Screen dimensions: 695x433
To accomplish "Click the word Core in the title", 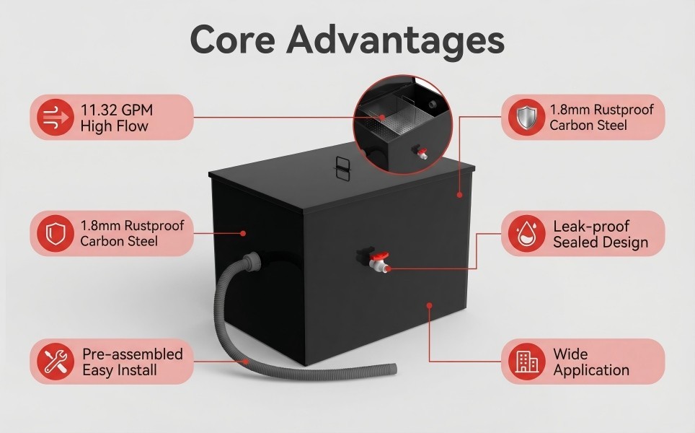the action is point(233,40).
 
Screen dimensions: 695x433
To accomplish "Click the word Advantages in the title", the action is point(396,41).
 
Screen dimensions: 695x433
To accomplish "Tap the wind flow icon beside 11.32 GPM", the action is point(56,117).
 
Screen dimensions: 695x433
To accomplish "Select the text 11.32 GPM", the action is point(117,110).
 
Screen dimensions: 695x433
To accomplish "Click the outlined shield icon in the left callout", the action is point(56,233).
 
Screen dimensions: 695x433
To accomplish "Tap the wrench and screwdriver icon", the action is point(56,361).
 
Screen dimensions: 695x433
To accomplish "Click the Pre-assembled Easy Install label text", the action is point(133,362).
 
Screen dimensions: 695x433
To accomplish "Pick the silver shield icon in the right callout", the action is point(526,117).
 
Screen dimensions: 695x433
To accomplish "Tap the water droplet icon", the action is point(526,233).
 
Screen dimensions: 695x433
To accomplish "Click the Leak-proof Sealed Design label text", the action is point(601,234).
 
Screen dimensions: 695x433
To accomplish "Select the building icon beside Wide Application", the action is point(526,361).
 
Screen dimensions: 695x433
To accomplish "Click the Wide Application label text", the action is point(591,362).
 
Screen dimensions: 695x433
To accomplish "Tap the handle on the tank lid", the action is point(342,169).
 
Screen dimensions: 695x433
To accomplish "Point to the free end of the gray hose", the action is point(393,368).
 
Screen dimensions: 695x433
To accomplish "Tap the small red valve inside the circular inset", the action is point(422,152).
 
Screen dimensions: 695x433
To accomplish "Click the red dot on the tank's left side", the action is point(243,233).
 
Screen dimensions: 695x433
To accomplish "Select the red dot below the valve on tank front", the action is point(429,305).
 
